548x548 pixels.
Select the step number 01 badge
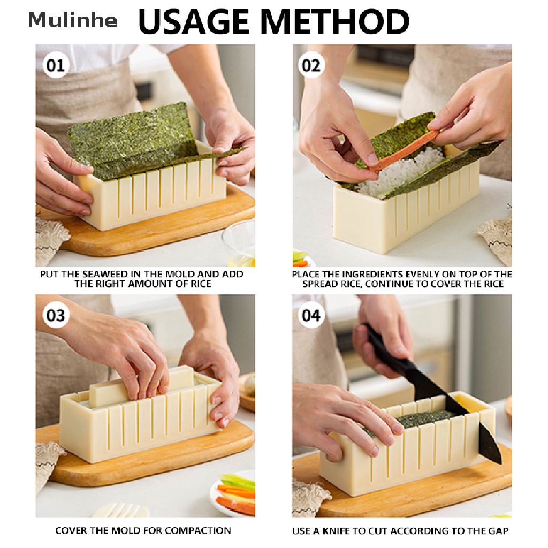(x=56, y=65)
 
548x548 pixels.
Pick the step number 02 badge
(x=311, y=65)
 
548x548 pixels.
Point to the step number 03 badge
(x=56, y=315)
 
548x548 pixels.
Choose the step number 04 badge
(x=311, y=315)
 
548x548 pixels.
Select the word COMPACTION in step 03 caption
(x=197, y=530)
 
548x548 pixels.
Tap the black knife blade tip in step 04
(x=501, y=463)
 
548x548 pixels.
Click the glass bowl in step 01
(x=239, y=243)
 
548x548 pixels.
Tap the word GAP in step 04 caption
(x=498, y=531)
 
